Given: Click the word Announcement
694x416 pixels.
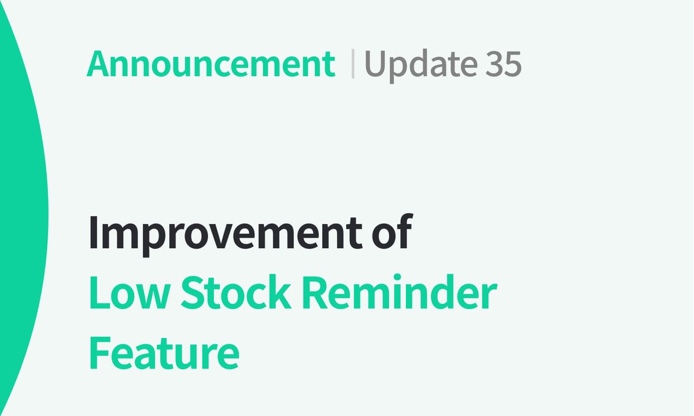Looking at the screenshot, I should (211, 64).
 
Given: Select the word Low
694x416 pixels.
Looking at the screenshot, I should (127, 293).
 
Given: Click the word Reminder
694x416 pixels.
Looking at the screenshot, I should (400, 293).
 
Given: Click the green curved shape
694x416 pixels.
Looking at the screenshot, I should (20, 208).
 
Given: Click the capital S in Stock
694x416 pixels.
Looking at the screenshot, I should (193, 293).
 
